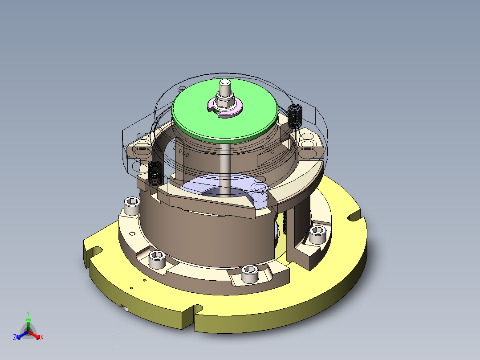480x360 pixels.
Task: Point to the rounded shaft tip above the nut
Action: [225, 83]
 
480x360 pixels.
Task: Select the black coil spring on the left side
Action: [155, 172]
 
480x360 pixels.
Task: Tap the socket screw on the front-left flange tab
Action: [156, 258]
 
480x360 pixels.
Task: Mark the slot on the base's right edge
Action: [355, 216]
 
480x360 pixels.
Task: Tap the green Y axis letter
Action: [28, 313]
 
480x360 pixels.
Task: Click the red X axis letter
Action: [42, 338]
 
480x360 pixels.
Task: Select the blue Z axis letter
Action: [15, 338]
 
